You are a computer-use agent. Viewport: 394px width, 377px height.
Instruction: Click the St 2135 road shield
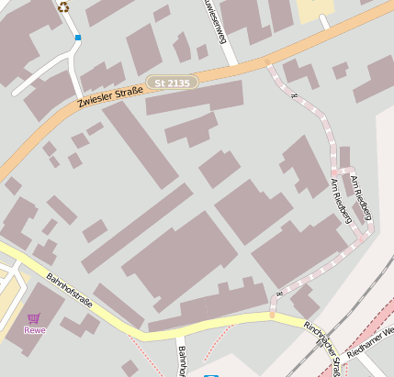tap(172, 83)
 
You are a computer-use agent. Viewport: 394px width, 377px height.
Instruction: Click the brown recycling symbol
tap(63, 7)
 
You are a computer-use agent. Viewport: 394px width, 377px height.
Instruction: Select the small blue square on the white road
tap(78, 38)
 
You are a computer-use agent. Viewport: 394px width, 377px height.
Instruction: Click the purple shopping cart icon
tap(34, 316)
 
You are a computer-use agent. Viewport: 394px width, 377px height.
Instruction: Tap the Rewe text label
tap(35, 329)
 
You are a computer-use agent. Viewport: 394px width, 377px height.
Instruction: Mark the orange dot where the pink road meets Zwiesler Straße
tap(267, 62)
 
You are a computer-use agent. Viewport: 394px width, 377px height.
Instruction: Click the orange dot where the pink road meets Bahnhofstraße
tap(272, 316)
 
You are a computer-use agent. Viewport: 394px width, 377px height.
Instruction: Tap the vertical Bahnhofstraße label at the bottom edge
tap(182, 362)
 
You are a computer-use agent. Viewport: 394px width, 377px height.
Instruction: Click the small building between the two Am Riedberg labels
tap(344, 158)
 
